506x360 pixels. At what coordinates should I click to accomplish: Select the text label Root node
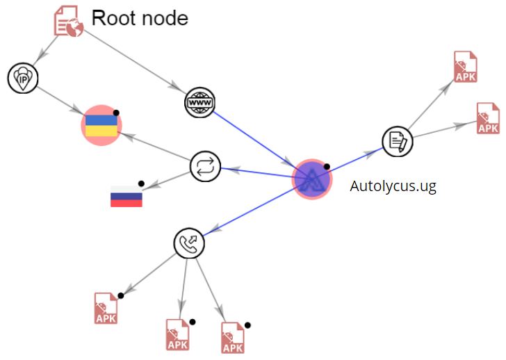point(140,17)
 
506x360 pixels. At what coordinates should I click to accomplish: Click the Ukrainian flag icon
point(101,126)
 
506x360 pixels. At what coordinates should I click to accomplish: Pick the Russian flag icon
point(126,196)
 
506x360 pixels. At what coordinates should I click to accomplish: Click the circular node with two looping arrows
point(206,167)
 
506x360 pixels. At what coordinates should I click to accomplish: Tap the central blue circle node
point(311,179)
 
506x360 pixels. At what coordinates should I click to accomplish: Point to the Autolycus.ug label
point(393,186)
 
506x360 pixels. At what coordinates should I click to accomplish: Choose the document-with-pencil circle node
point(398,142)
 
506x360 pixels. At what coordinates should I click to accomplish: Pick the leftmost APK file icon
point(106,308)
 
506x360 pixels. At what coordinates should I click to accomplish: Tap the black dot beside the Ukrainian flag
point(117,112)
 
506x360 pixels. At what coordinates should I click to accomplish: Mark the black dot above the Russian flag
point(141,183)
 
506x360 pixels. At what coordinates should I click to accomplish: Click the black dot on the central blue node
point(327,167)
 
